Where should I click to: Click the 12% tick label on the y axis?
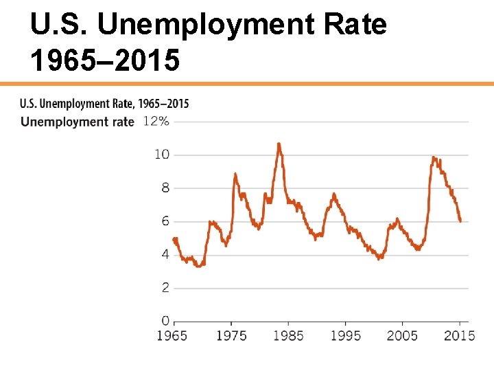click(156, 121)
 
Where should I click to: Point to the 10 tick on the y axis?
click(161, 155)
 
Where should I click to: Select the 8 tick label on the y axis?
click(165, 188)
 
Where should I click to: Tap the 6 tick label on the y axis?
click(165, 221)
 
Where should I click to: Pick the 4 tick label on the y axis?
click(165, 254)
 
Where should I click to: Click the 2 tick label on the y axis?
click(165, 288)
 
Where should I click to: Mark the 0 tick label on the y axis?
click(165, 321)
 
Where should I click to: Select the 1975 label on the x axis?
click(232, 335)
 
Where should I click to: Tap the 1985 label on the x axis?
click(289, 335)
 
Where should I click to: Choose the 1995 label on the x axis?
click(346, 335)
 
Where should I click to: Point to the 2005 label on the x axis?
click(402, 335)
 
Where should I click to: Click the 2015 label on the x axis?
click(459, 335)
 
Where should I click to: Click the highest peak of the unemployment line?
click(279, 144)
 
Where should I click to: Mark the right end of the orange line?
click(460, 221)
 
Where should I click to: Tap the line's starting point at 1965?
click(174, 239)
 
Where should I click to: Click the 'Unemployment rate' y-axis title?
click(78, 122)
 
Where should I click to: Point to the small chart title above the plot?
click(104, 104)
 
